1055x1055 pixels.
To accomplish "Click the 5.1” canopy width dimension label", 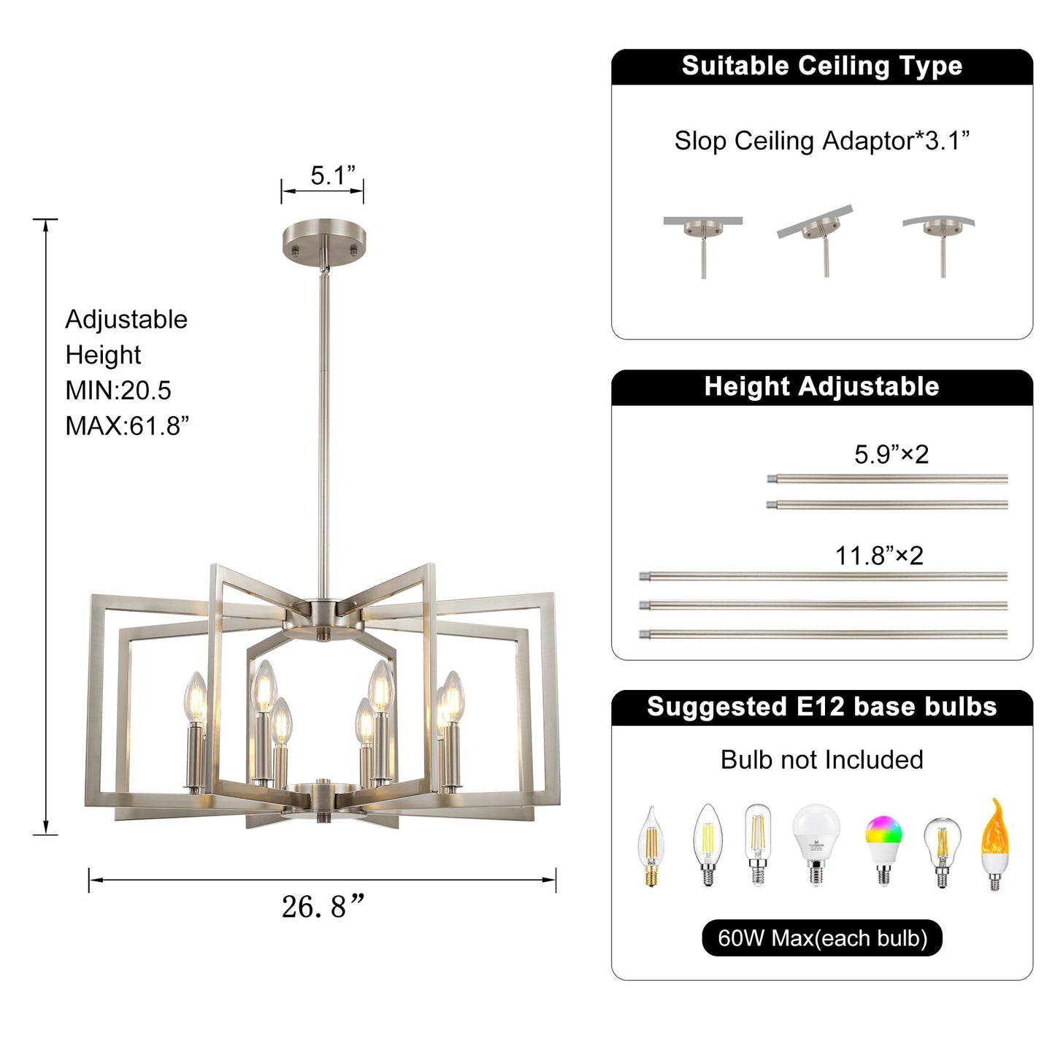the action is click(333, 175).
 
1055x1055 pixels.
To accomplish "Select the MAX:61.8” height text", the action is click(127, 426).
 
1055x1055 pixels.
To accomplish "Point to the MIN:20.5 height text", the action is click(118, 391).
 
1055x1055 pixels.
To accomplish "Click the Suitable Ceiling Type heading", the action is click(822, 66).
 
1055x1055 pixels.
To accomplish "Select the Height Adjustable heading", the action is click(822, 386).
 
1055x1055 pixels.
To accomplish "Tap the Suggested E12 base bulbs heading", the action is click(822, 706).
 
